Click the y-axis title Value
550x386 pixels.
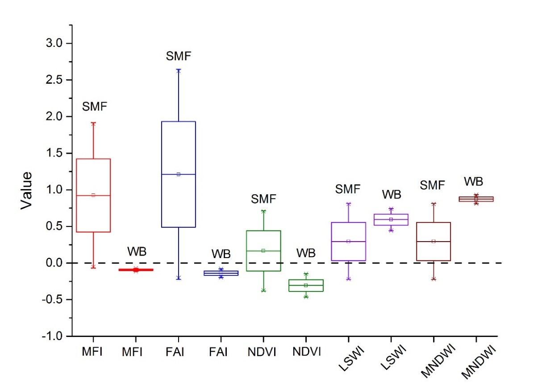(27, 189)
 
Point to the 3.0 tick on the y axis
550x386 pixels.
(58, 43)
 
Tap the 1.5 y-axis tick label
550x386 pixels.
(58, 153)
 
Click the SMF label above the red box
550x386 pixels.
(94, 107)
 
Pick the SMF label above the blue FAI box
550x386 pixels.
(179, 57)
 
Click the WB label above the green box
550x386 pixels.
(306, 253)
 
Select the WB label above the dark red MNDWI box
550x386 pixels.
(474, 181)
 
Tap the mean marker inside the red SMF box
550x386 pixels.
(93, 195)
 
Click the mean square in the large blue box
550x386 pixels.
(179, 174)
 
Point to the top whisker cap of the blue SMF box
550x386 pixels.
(179, 70)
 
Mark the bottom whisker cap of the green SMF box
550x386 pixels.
(263, 291)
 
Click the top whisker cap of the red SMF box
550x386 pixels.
(93, 123)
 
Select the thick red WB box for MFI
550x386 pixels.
(136, 270)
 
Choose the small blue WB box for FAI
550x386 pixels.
(221, 273)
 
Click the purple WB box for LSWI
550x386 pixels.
(391, 220)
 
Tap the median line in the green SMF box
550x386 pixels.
(263, 251)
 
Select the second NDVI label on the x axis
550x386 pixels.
(306, 352)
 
